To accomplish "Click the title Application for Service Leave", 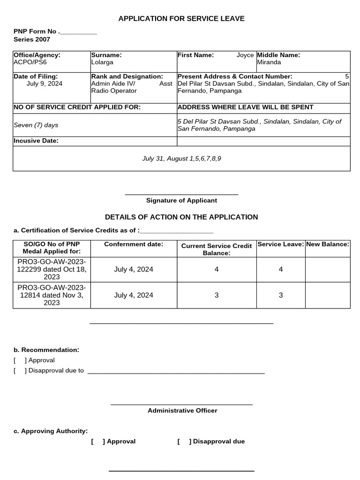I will (181, 19).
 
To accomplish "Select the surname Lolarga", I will (102, 62).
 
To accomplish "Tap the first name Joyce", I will (245, 55).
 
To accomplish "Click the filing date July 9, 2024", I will (45, 83).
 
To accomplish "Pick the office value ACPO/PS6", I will (30, 62).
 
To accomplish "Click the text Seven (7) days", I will (36, 125).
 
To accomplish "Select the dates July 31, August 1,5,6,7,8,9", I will (181, 158).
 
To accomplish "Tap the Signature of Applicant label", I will (181, 200).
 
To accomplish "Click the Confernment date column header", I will (134, 244).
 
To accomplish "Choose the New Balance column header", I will (328, 244).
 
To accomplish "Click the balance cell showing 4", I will (217, 270).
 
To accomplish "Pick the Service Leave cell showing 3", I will (281, 295).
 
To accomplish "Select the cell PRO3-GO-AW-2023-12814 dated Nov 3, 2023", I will (52, 295).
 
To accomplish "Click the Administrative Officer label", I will (182, 411).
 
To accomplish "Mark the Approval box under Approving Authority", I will (98, 441).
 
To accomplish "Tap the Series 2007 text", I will (32, 40).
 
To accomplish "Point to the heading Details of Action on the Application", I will (181, 217).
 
